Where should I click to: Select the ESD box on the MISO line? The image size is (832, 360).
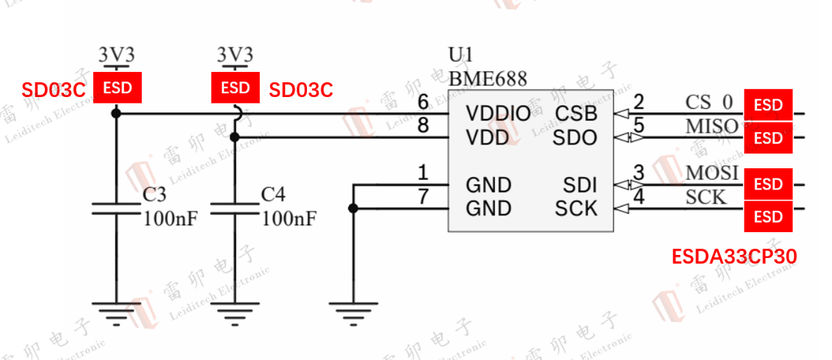click(x=768, y=137)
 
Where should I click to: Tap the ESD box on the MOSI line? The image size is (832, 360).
click(x=768, y=184)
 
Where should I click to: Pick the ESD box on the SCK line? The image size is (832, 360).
click(x=768, y=217)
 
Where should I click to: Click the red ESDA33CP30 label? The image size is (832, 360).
click(x=734, y=256)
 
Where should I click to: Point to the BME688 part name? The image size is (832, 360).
click(x=488, y=78)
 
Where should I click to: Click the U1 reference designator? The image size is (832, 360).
click(x=461, y=56)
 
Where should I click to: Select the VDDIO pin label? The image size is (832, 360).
click(x=498, y=114)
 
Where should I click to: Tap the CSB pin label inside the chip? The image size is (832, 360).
click(x=576, y=114)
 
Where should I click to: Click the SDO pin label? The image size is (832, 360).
click(x=576, y=137)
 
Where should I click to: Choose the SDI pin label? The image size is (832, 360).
click(x=580, y=184)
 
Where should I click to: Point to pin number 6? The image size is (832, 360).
click(x=423, y=104)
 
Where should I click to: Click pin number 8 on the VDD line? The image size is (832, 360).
click(x=423, y=126)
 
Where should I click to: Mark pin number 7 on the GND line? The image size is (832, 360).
click(x=423, y=197)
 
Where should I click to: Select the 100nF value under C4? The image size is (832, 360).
click(x=289, y=218)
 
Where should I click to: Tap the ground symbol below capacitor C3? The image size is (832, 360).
click(x=116, y=312)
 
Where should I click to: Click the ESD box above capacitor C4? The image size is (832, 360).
click(x=235, y=88)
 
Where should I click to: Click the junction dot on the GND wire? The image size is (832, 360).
click(x=353, y=209)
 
